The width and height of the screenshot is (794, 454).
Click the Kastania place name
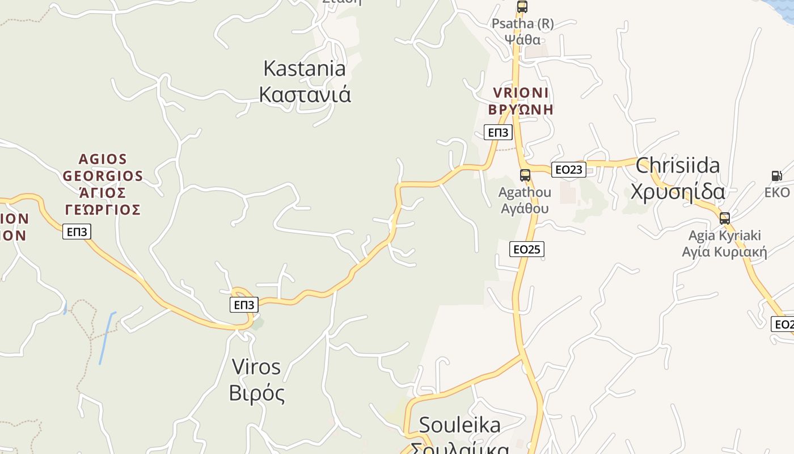coord(305,69)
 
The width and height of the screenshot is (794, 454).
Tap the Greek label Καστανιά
coord(305,94)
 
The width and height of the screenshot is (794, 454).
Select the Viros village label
coord(256,367)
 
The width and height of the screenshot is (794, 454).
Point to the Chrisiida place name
coord(678,166)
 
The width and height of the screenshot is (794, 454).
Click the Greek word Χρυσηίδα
coord(678,192)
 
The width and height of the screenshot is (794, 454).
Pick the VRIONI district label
coord(521,93)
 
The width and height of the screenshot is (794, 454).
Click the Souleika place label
coord(459,425)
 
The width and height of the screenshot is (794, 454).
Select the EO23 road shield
coord(568,170)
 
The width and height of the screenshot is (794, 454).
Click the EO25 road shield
coord(526,249)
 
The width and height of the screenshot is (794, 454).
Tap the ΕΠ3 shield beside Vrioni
coord(498,133)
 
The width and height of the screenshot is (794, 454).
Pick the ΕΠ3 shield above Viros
coord(244,305)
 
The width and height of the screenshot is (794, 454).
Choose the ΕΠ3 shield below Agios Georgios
coord(76,232)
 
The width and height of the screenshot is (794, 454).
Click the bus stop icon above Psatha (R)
coord(522,7)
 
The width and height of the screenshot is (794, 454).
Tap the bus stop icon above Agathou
coord(525,175)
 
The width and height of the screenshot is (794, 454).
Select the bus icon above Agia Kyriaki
coord(724,218)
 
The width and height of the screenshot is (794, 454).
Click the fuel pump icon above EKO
coord(776,176)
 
